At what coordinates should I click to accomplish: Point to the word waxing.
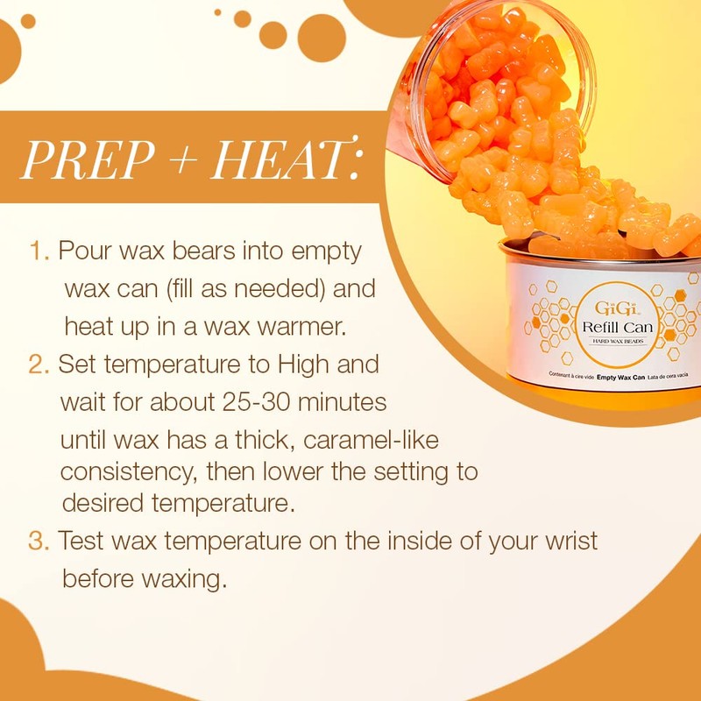(180, 578)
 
